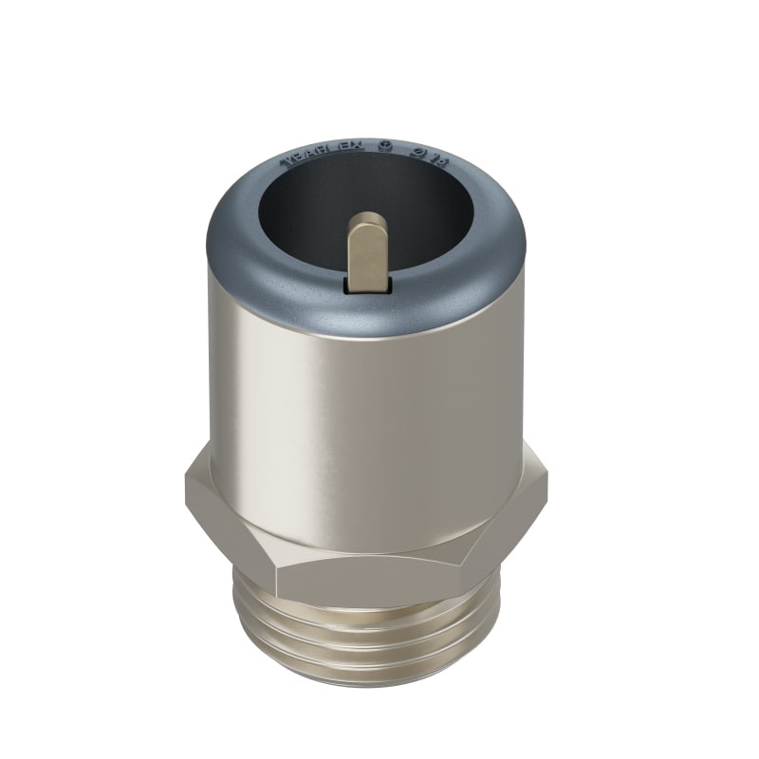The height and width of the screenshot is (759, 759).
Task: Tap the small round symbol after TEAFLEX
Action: coord(385,148)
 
